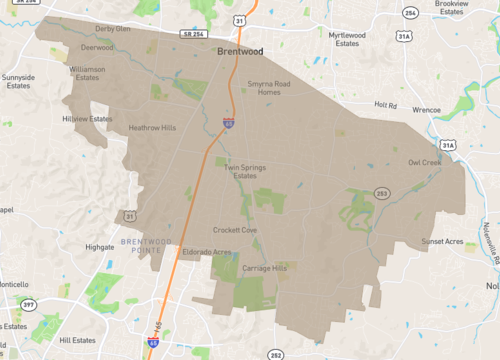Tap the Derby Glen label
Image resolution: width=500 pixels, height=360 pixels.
112,29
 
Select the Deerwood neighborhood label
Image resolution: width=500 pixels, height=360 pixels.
97,46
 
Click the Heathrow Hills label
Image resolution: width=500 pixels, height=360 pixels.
151,128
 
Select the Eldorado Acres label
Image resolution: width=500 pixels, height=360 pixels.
206,253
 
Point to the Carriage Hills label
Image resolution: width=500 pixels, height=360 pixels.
265,269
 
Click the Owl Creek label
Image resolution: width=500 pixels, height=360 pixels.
424,162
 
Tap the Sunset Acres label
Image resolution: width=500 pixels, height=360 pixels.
445,241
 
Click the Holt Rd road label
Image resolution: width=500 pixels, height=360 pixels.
386,103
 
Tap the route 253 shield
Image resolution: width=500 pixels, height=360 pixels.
382,193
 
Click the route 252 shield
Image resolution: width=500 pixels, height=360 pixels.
275,355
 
